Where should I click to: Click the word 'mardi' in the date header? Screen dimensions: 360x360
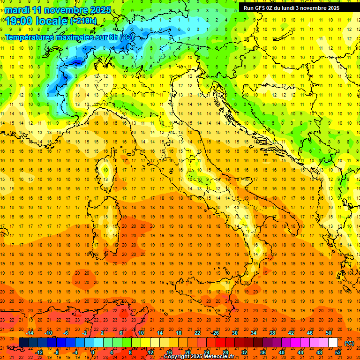click(16, 10)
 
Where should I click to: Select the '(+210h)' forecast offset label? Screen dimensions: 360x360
click(83, 21)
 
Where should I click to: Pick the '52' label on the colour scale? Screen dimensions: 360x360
click(338, 352)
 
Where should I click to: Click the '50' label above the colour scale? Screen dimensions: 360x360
click(329, 333)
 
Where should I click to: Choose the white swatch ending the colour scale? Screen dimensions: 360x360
click(333, 343)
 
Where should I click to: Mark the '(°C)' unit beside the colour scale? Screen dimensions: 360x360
click(349, 343)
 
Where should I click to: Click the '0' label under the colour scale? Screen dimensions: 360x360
click(92, 352)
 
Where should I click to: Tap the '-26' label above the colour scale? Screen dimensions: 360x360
click(215, 333)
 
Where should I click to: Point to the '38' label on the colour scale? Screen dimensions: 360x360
click(272, 333)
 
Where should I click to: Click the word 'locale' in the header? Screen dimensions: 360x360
click(51, 21)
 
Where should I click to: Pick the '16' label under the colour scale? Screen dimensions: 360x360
click(169, 352)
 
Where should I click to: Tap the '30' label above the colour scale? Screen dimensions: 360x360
click(234, 333)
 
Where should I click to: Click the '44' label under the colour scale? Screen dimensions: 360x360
click(300, 352)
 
